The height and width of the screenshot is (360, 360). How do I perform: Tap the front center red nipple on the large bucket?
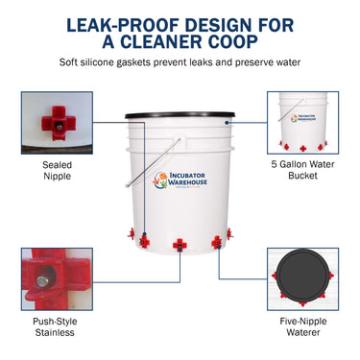click(x=178, y=247)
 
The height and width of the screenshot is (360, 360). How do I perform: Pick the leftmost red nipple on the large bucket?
click(x=129, y=233)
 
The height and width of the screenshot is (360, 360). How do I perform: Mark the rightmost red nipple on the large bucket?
click(x=228, y=233)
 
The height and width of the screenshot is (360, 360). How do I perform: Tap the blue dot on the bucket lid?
click(x=228, y=123)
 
